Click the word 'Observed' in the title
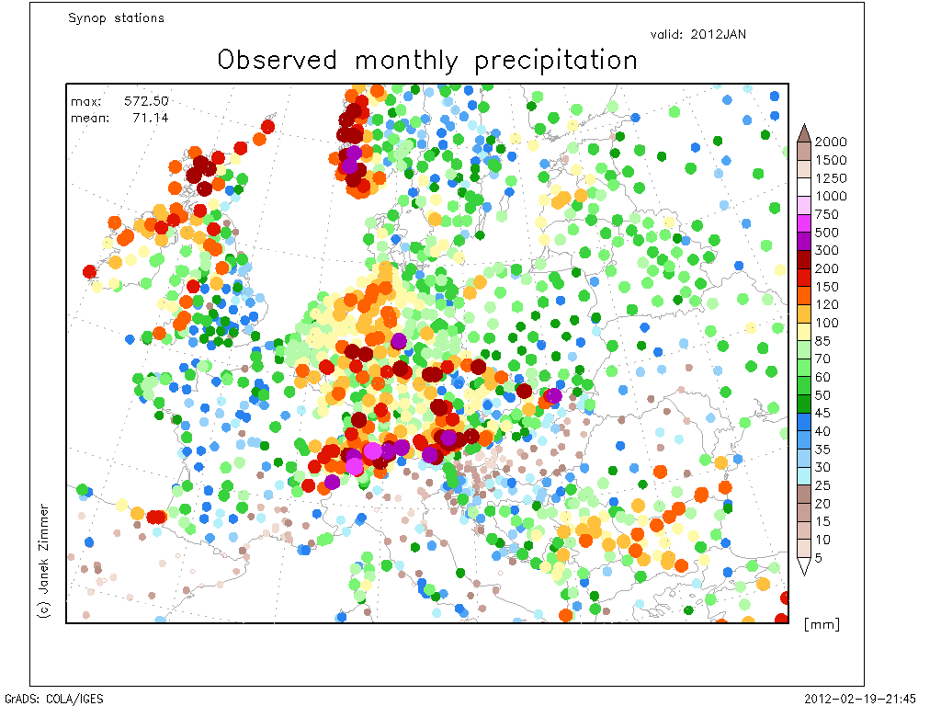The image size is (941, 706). click(278, 60)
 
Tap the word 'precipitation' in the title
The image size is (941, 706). click(556, 62)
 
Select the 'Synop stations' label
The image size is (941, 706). click(116, 18)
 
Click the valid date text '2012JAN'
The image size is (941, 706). click(719, 34)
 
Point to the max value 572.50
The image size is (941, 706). click(146, 101)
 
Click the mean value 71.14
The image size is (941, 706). click(151, 118)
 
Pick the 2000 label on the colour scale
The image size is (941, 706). click(831, 142)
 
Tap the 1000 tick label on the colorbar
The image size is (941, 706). click(831, 196)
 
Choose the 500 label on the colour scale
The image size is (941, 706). click(826, 233)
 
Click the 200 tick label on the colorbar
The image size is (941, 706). click(826, 268)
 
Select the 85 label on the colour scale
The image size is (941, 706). click(822, 341)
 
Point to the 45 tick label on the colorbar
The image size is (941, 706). click(822, 413)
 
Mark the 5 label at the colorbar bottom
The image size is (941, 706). click(818, 558)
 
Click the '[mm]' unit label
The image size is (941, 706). click(822, 624)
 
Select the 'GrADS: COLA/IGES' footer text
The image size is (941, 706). click(54, 699)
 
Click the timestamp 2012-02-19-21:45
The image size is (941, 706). click(860, 699)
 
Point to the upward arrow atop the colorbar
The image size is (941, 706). click(804, 133)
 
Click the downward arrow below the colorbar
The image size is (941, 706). click(804, 566)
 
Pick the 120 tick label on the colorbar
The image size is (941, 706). click(826, 304)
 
